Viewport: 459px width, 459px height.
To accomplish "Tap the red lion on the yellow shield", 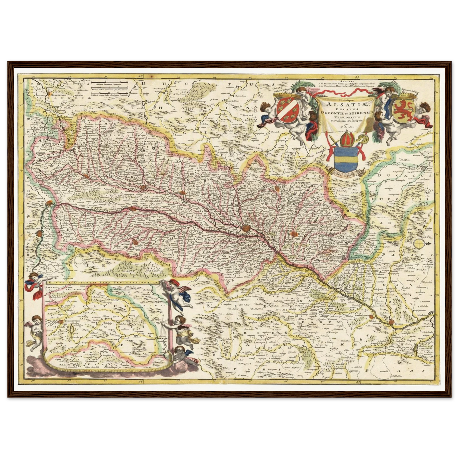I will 403,110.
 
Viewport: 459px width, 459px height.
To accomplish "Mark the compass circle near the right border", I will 419,243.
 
